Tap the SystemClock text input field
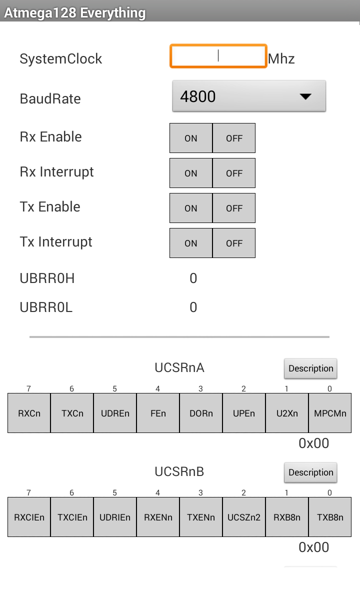(218, 56)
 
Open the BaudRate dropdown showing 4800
(249, 96)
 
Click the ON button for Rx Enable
(191, 138)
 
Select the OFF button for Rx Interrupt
(234, 173)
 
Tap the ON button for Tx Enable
(191, 208)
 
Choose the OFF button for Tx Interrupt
(234, 243)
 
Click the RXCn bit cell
(29, 413)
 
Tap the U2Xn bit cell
(287, 413)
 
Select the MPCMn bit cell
(330, 413)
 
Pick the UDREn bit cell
(115, 413)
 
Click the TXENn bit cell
(201, 517)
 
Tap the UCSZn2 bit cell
(244, 517)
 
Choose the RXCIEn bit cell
(29, 517)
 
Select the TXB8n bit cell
(330, 517)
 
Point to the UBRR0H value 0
(193, 278)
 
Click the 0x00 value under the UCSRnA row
(314, 443)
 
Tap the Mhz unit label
(281, 59)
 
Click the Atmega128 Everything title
(75, 13)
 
